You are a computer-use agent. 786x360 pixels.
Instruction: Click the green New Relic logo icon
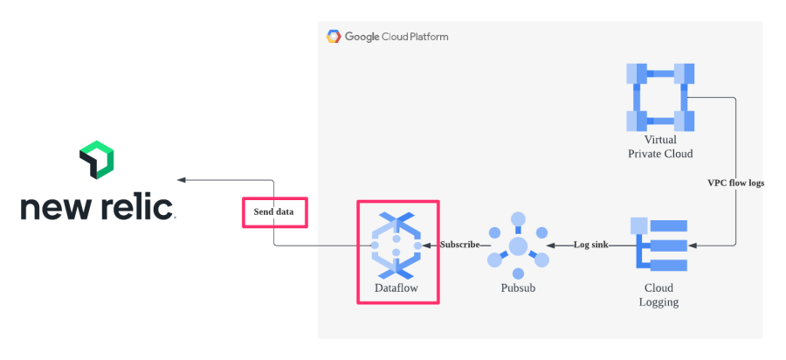97,160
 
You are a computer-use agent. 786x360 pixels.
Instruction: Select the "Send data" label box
274,212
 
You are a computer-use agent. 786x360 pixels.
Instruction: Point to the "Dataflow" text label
397,285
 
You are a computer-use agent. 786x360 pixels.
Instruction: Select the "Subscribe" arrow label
459,245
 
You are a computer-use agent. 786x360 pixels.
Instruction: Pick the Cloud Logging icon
661,246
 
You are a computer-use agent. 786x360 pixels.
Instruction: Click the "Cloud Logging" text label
660,294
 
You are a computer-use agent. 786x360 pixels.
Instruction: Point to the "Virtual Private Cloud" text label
660,147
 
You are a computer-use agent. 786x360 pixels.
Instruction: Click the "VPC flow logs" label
735,183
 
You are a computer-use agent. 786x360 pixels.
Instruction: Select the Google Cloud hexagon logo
334,37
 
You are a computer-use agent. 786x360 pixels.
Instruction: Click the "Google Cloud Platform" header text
396,37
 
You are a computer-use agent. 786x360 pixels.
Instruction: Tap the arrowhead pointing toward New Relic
182,180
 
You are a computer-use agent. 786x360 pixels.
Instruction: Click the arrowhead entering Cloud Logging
690,245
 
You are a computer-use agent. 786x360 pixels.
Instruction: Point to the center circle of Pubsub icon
519,246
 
